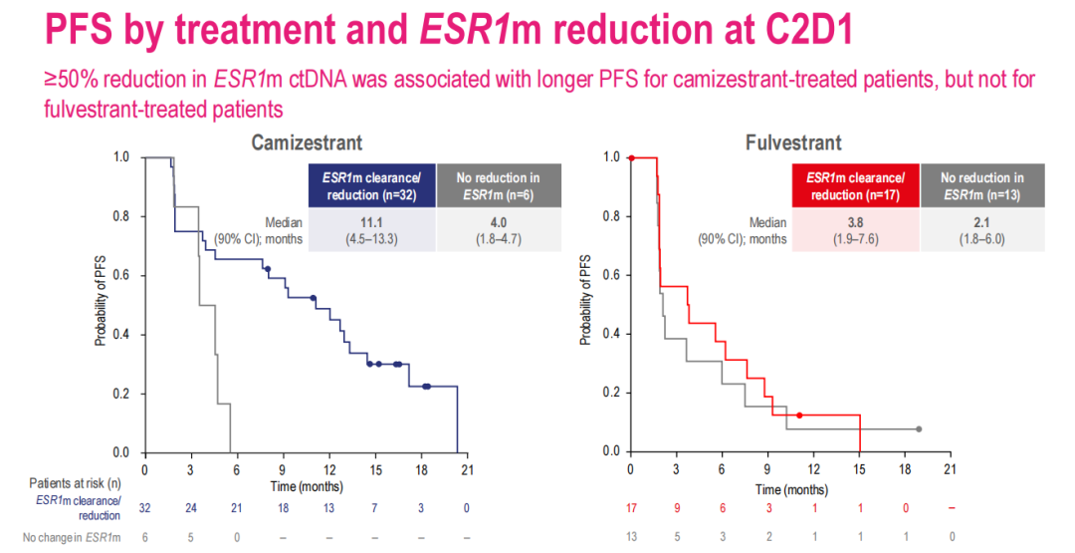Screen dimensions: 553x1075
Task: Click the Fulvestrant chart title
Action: (x=793, y=143)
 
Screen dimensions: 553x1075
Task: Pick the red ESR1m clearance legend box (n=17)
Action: (x=856, y=185)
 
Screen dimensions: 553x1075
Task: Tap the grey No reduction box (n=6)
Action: (x=498, y=185)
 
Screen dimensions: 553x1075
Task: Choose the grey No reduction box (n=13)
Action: (x=983, y=185)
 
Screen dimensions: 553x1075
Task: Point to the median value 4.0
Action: (x=498, y=223)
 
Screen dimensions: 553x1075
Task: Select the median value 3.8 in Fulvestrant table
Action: (x=856, y=223)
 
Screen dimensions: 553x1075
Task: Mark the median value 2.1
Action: (x=983, y=223)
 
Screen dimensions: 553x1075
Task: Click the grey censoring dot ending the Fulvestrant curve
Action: (x=919, y=429)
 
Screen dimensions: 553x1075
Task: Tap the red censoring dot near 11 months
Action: (x=799, y=415)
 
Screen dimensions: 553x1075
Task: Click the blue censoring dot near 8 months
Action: (x=267, y=269)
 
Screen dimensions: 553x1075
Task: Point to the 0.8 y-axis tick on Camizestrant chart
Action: (x=121, y=216)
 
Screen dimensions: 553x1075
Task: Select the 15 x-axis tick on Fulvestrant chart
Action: (x=859, y=469)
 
